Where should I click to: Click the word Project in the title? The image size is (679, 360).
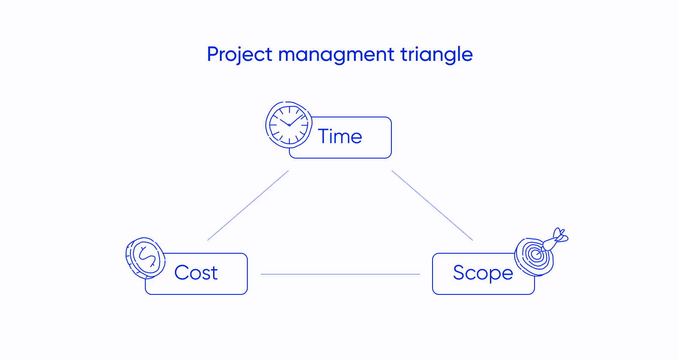239,55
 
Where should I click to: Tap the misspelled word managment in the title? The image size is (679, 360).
336,55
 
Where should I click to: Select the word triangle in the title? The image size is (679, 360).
436,55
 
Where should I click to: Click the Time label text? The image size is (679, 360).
340,137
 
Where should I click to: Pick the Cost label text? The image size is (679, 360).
196,273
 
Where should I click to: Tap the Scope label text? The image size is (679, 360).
483,273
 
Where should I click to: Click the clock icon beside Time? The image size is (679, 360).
288,125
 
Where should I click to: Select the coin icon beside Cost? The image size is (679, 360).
146,258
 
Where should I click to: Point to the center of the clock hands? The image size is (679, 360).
289,125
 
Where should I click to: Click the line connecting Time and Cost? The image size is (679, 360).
248,205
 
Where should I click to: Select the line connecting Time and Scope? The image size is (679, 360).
432,205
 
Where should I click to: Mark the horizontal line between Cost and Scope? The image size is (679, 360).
340,274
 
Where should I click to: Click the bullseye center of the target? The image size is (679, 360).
535,255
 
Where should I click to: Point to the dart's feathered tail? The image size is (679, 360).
560,235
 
